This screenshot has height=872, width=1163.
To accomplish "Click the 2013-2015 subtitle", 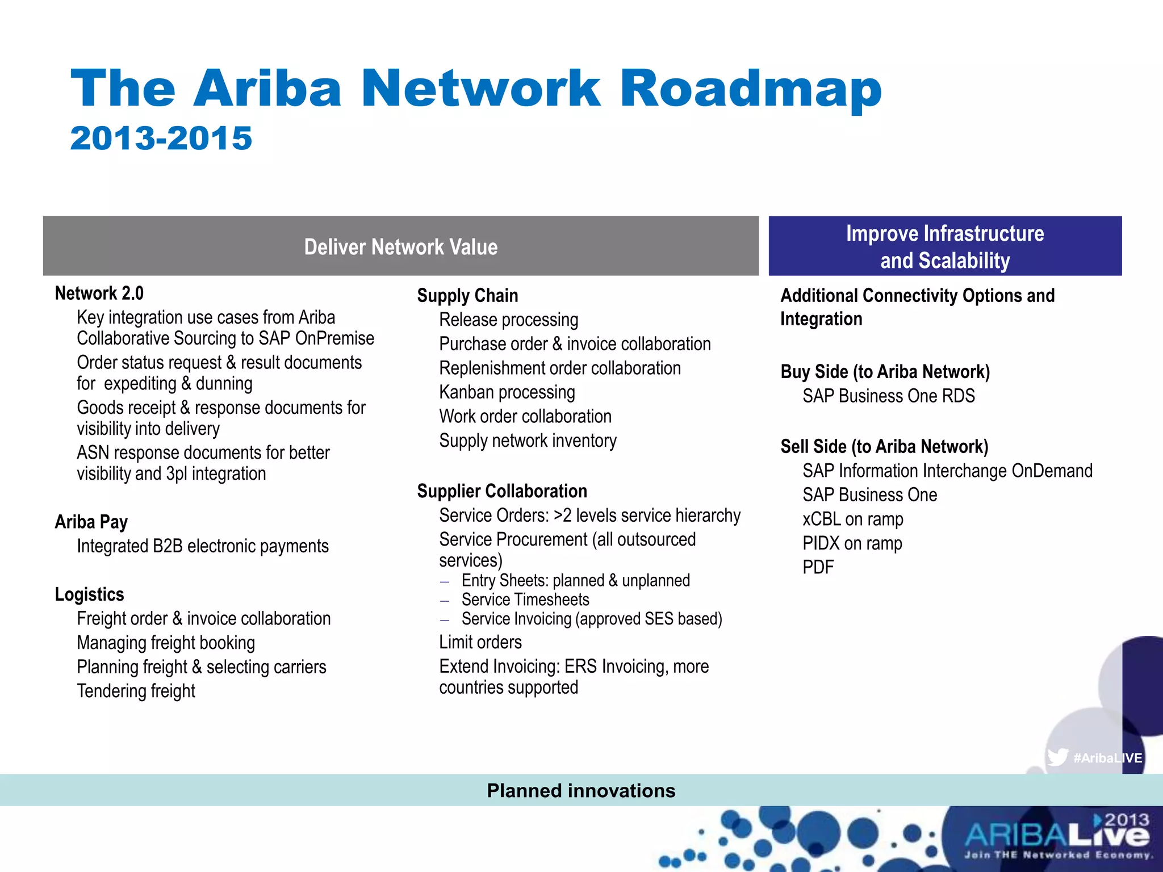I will [x=161, y=139].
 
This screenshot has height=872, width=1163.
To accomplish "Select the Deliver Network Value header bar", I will [x=401, y=246].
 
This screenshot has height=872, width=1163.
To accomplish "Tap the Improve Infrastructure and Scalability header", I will [x=945, y=246].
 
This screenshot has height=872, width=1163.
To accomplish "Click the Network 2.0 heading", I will [x=99, y=294].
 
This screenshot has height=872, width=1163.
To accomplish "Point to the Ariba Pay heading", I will [x=91, y=522].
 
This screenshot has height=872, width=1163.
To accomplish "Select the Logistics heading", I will [x=90, y=594].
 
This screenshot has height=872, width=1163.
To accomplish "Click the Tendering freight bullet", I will [x=136, y=691].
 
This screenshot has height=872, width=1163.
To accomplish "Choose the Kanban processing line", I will [x=507, y=392].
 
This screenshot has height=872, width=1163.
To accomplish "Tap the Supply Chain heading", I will [x=467, y=296].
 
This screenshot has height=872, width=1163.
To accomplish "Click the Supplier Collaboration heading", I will [x=502, y=491].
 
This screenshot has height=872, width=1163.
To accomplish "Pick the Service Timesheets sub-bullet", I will [x=525, y=600].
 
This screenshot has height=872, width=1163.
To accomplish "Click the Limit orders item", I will [x=480, y=642].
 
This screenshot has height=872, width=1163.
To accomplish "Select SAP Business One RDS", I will [x=889, y=396].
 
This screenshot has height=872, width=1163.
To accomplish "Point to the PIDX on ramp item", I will [x=852, y=543].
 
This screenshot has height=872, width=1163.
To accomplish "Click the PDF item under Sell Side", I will [x=818, y=567].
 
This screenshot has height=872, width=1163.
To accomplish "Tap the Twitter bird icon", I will [x=1057, y=757].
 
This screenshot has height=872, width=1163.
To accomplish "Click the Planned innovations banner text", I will [x=581, y=791].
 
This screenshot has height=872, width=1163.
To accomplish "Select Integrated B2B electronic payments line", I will [x=203, y=546].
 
